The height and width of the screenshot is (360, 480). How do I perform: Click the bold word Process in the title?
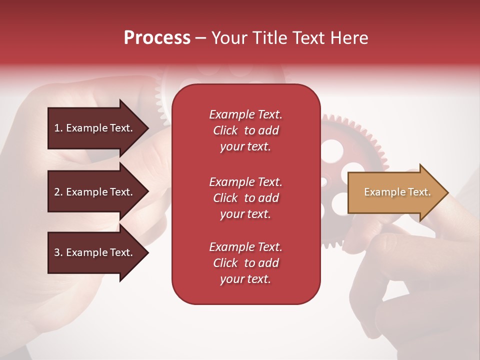tap(157, 38)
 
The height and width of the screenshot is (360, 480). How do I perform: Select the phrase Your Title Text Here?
tap(289, 38)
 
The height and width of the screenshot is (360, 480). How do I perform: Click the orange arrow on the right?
tap(395, 192)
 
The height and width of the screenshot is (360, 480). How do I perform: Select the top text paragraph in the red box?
tap(245, 130)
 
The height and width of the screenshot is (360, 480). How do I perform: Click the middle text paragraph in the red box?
tap(245, 198)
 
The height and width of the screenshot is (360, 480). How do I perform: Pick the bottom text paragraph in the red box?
tap(245, 263)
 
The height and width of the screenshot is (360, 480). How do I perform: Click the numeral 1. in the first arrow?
tap(58, 128)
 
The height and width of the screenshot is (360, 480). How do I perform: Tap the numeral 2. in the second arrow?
tap(58, 192)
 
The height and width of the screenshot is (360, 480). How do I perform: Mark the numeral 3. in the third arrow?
tap(58, 252)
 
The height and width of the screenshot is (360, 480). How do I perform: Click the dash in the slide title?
tap(200, 38)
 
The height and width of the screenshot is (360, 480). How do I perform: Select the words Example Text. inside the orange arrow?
tap(397, 192)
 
